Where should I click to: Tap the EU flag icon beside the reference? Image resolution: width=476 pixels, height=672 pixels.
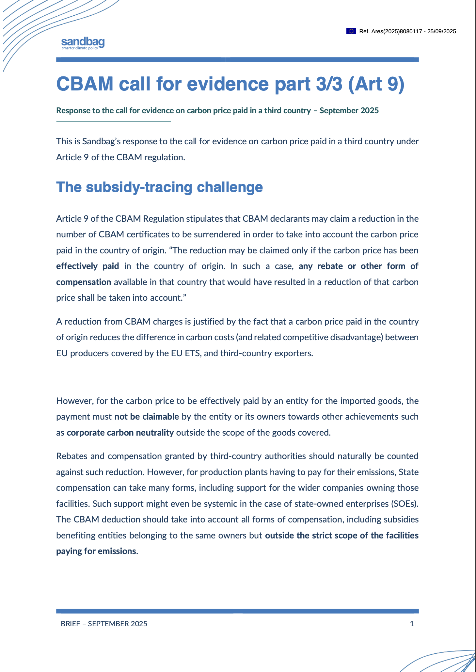click(351, 31)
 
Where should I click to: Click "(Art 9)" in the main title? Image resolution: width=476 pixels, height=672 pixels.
click(376, 84)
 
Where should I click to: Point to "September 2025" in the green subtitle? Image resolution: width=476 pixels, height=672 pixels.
click(349, 110)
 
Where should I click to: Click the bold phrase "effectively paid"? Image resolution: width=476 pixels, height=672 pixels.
click(87, 266)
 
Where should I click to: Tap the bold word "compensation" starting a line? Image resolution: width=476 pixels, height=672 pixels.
click(84, 282)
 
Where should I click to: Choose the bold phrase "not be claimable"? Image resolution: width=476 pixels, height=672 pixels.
click(147, 417)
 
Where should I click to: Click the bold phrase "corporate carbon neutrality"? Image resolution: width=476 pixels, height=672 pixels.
click(120, 433)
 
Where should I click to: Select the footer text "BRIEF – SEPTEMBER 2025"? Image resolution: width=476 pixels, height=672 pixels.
click(104, 624)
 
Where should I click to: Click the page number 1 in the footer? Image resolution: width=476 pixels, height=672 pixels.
click(412, 624)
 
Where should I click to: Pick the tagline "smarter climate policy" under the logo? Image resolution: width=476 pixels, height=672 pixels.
click(80, 48)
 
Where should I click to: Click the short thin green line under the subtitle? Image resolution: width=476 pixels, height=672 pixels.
click(113, 121)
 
